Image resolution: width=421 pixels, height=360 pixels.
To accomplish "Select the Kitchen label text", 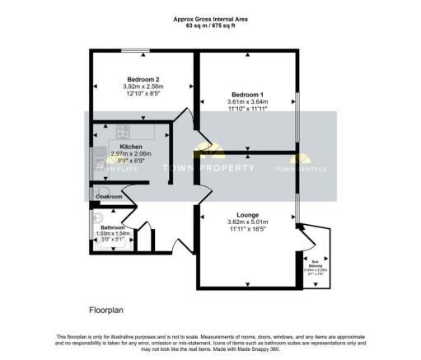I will pyautogui.click(x=132, y=146).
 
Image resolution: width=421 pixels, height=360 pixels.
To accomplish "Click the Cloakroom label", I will pyautogui.click(x=111, y=197).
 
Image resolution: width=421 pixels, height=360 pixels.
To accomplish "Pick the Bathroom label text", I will pyautogui.click(x=113, y=227).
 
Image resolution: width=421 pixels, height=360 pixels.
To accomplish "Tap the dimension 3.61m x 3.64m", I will pyautogui.click(x=247, y=102).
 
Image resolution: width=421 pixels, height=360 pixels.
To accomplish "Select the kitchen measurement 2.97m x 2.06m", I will pyautogui.click(x=133, y=154).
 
